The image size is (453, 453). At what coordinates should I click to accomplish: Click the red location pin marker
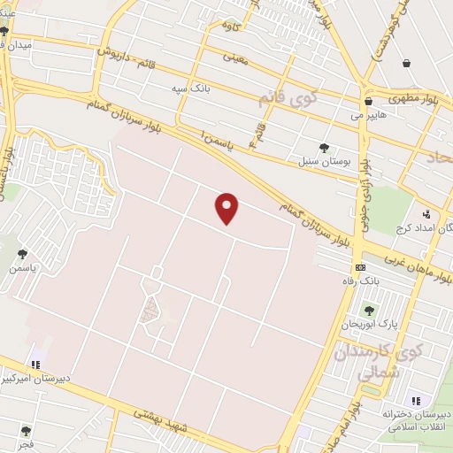click(x=227, y=208)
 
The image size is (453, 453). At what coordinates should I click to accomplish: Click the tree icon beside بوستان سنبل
click(x=323, y=148)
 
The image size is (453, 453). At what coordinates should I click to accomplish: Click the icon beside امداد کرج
click(x=426, y=213)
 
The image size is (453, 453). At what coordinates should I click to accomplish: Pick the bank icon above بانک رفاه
click(x=360, y=267)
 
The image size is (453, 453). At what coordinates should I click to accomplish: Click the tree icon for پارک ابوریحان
click(x=369, y=310)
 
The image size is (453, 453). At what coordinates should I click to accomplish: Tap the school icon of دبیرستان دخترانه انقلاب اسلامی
click(x=416, y=401)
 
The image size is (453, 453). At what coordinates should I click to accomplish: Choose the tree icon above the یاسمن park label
click(x=22, y=254)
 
